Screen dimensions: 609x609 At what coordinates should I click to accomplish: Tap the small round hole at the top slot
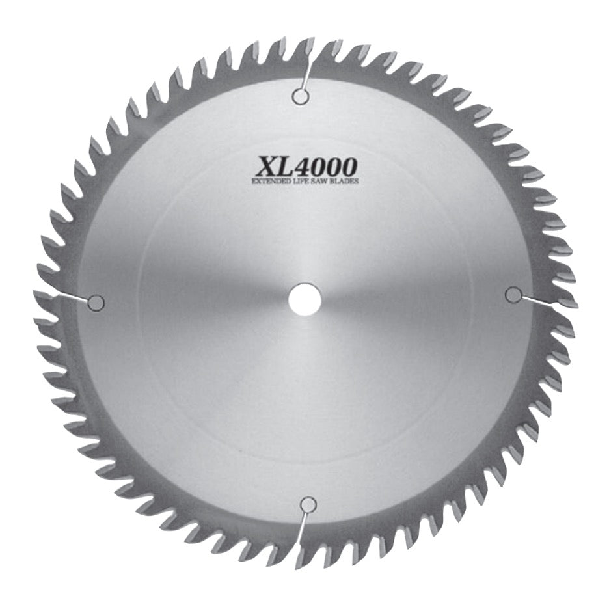[x=300, y=98]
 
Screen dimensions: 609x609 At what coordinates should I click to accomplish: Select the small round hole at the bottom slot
[x=308, y=504]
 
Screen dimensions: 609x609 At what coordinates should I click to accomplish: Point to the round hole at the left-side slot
[x=96, y=302]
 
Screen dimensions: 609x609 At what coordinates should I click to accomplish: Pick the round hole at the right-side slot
[x=513, y=295]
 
